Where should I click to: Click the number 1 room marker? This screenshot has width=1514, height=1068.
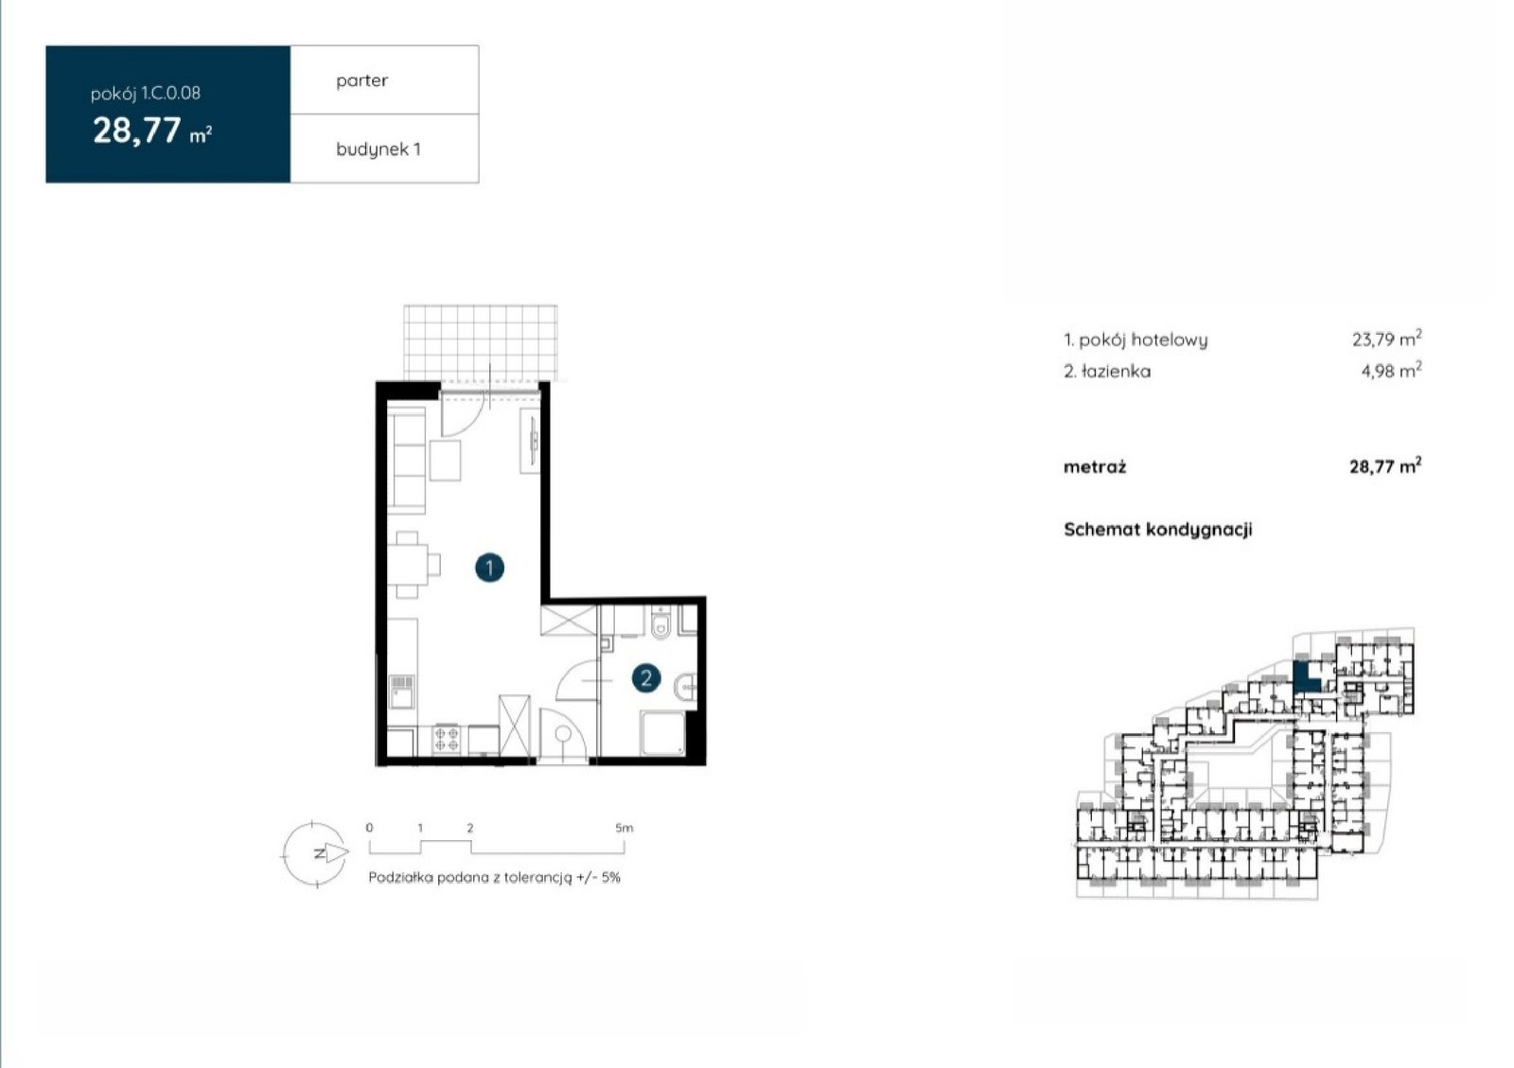pos(489,568)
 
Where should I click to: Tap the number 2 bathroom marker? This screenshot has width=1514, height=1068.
pos(646,677)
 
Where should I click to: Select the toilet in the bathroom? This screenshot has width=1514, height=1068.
pos(660,622)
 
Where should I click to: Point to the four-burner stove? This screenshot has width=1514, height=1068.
pos(446,739)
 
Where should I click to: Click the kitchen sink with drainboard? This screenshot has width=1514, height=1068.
pos(401,692)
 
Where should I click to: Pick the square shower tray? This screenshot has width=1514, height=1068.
pos(663,733)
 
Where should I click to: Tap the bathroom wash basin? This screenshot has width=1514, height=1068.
pos(685,688)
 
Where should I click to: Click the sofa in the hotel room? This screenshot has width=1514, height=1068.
pos(406,460)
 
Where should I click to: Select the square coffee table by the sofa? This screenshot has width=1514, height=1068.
pos(446,461)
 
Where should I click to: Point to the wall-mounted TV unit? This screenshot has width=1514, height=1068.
pos(530,441)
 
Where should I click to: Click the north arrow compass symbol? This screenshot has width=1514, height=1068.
pos(316,854)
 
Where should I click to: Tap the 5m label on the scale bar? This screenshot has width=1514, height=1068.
pos(624,828)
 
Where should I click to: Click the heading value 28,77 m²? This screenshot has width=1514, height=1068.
pos(152,131)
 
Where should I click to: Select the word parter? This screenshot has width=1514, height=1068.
pos(362,80)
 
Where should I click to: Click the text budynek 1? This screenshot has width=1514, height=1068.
pos(378,149)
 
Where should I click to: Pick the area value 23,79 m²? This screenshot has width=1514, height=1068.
pos(1387,338)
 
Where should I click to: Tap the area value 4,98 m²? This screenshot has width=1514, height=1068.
pos(1392,370)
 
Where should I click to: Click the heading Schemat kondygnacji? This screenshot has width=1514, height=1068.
pos(1158,530)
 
